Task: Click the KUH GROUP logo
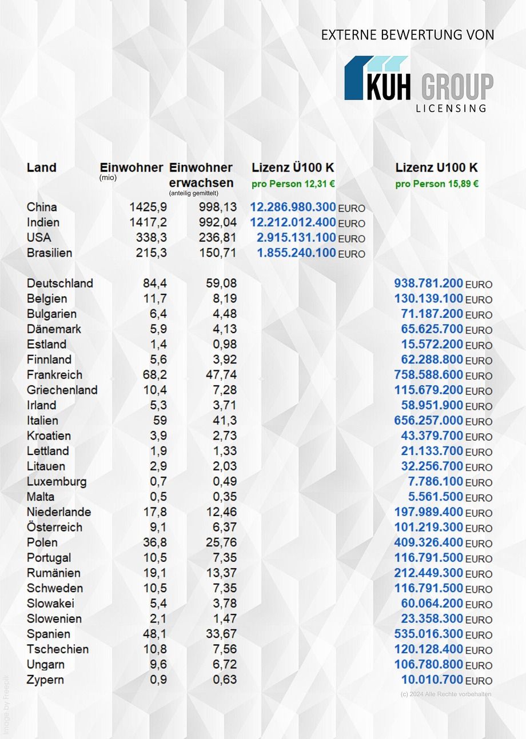point(419,79)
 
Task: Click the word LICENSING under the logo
point(451,108)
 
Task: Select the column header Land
point(42,167)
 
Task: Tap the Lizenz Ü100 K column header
point(293,168)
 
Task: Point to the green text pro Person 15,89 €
point(437,184)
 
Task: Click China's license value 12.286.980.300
point(293,207)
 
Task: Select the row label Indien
point(43,222)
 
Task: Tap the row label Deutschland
point(59,283)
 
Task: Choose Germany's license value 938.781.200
point(428,283)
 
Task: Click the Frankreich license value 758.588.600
point(428,375)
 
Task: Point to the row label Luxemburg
point(57,482)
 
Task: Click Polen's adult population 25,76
point(221,542)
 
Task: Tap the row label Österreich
point(54,527)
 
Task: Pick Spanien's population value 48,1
point(154,634)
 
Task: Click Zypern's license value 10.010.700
point(432,680)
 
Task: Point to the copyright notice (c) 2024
point(446,694)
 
